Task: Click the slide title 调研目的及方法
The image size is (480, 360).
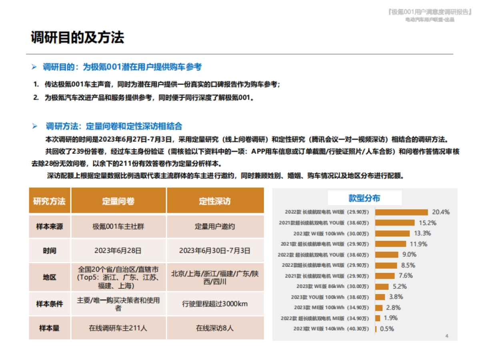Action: pyautogui.click(x=77, y=38)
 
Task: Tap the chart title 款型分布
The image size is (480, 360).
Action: pyautogui.click(x=364, y=198)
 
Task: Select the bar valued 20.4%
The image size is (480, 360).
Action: pyautogui.click(x=402, y=212)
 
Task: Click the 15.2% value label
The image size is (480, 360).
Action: pyautogui.click(x=428, y=223)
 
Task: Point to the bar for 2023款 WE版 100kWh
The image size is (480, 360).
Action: pyautogui.click(x=392, y=233)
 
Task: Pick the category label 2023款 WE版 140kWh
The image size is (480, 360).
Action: pyautogui.click(x=331, y=329)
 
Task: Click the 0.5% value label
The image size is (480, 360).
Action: pyautogui.click(x=387, y=329)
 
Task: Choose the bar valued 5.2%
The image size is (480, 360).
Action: pyautogui.click(x=382, y=286)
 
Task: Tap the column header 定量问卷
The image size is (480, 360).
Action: pyautogui.click(x=118, y=201)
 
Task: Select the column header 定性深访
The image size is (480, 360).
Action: pyautogui.click(x=215, y=201)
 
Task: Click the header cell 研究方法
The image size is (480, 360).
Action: pyautogui.click(x=49, y=201)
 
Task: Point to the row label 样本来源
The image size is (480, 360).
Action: pyautogui.click(x=49, y=226)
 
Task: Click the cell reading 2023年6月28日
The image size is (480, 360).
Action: pyautogui.click(x=118, y=251)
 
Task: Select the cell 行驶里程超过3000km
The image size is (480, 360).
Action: pyautogui.click(x=215, y=304)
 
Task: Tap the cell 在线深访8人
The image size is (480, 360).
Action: pyautogui.click(x=215, y=328)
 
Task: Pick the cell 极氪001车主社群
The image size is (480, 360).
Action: pyautogui.click(x=118, y=226)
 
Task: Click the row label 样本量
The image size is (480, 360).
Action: pyautogui.click(x=49, y=328)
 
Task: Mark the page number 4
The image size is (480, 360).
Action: pyautogui.click(x=447, y=336)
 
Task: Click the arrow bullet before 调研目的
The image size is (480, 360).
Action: pyautogui.click(x=34, y=67)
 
